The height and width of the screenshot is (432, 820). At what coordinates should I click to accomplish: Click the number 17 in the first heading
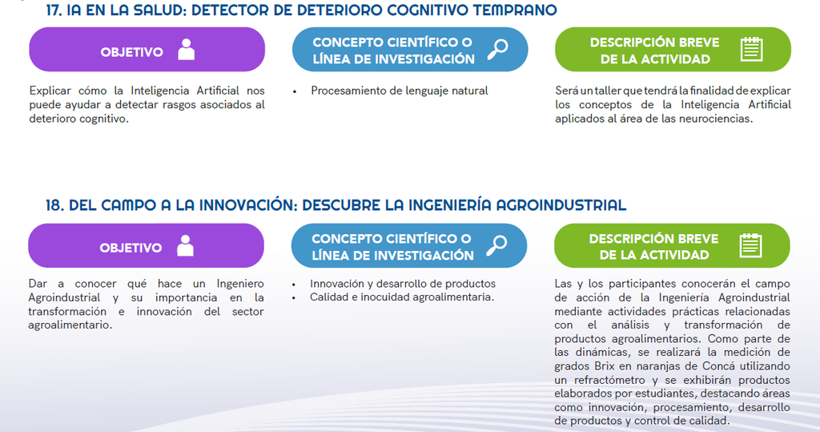coord(54,10)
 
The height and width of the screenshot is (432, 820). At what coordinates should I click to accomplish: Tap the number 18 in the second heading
coord(54,204)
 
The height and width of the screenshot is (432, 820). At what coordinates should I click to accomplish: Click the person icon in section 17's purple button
coord(186,50)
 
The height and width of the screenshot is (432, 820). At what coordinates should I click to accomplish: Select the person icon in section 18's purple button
coord(185,245)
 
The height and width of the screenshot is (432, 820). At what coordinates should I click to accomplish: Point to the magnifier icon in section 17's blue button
coord(497,49)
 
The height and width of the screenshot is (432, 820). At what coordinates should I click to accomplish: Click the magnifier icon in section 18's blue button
coord(496,245)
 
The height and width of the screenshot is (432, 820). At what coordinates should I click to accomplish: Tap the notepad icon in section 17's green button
coord(751,49)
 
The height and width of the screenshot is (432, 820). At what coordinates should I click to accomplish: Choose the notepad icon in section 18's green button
coord(750,245)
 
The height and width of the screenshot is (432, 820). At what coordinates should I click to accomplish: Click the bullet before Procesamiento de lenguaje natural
coord(295,91)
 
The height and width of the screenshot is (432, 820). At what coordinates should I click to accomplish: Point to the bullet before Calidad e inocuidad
coord(294,298)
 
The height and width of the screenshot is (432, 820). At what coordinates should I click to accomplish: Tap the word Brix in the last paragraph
coord(605,366)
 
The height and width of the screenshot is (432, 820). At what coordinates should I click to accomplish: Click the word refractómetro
coord(609,380)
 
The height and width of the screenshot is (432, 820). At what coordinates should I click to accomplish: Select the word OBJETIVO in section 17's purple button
coord(132,52)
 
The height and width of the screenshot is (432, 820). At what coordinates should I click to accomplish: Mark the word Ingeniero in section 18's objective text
coord(240,284)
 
